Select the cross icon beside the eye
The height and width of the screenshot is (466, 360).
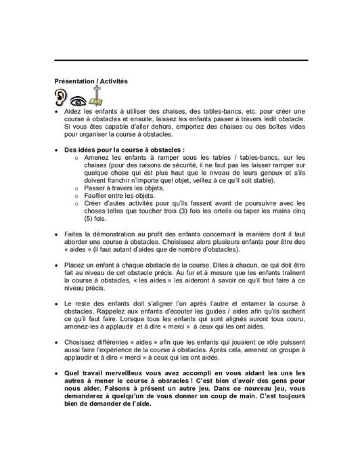(97, 94)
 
